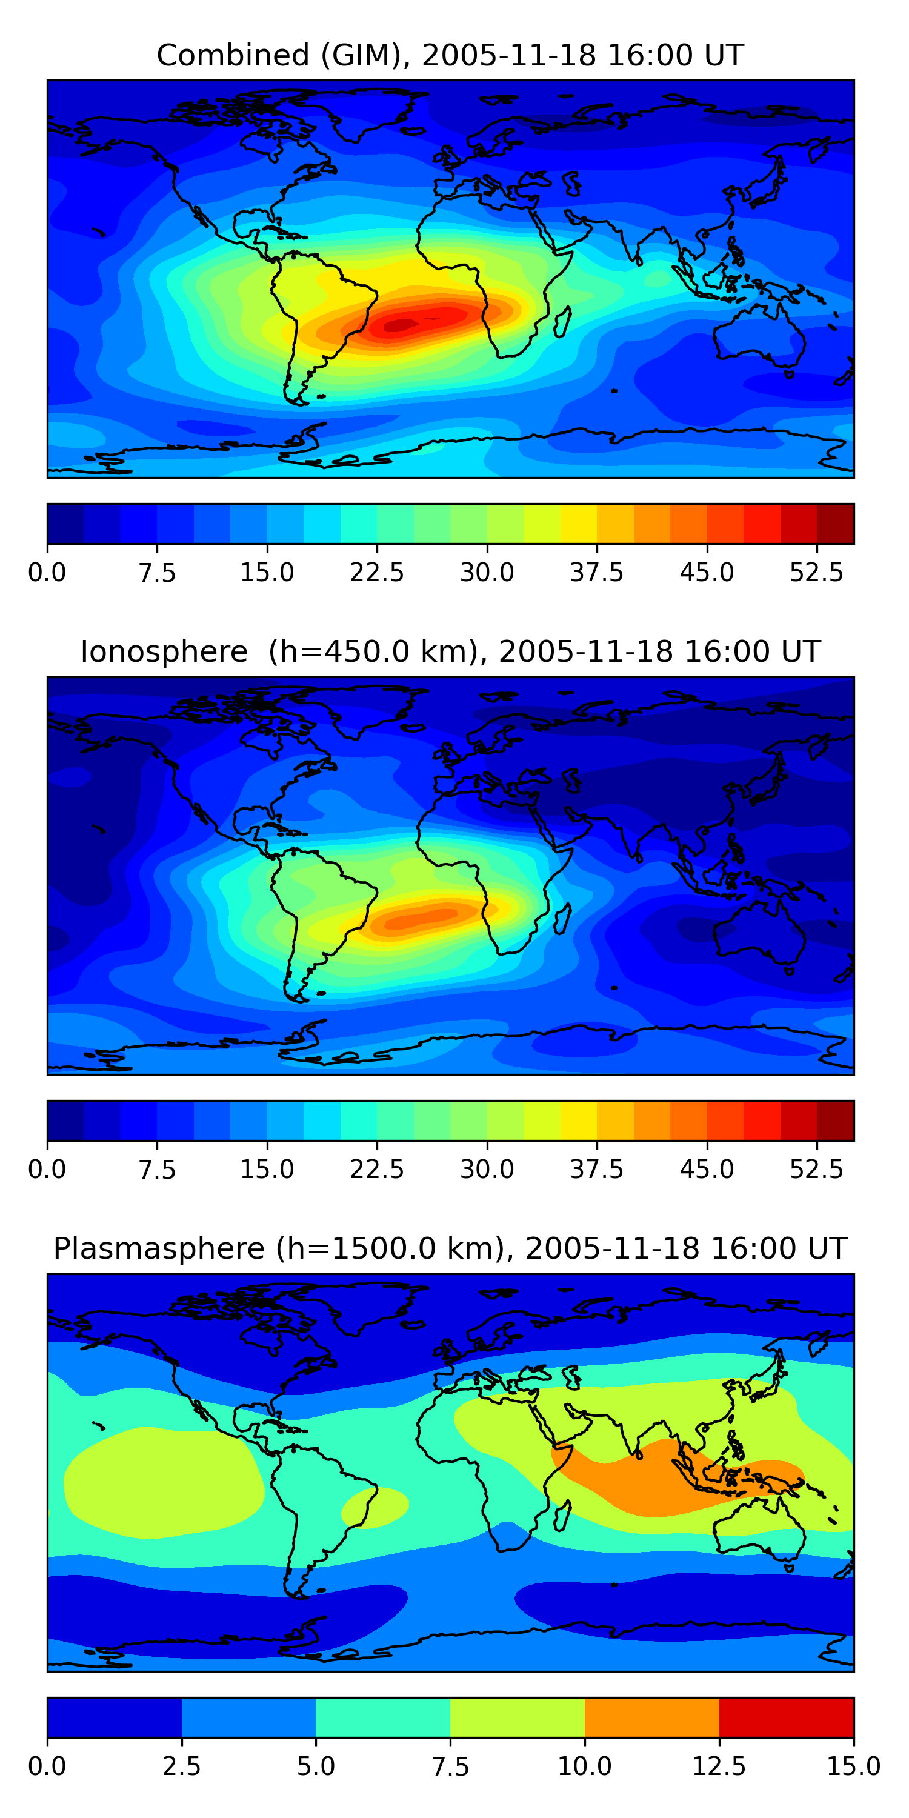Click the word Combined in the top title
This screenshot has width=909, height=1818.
(x=233, y=55)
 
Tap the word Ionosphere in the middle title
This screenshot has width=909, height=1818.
(x=164, y=651)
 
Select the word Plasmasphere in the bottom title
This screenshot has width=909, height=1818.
(x=159, y=1248)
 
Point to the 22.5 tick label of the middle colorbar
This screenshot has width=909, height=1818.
(x=377, y=1170)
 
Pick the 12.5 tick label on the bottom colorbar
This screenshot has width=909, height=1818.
(x=719, y=1766)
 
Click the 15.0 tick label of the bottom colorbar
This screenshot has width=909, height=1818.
(x=853, y=1766)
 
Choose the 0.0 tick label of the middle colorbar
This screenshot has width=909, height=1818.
(x=47, y=1170)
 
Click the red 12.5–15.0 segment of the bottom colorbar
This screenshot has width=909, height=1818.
(x=786, y=1717)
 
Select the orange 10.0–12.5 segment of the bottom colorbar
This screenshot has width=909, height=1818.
(x=651, y=1717)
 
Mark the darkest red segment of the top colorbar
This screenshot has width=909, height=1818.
(x=835, y=524)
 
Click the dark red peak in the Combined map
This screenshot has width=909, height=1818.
(x=401, y=325)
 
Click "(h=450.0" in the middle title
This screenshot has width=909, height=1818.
(x=335, y=651)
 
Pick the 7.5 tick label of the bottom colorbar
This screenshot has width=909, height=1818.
(x=450, y=1766)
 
